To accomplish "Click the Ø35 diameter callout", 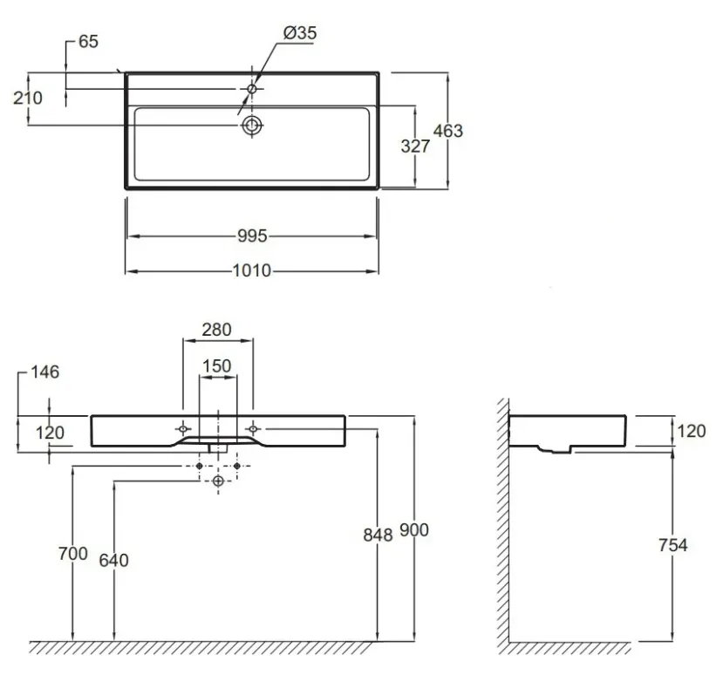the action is tap(300, 33).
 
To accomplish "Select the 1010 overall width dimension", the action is tap(252, 270).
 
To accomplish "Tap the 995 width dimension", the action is tap(252, 236).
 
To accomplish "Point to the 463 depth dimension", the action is tap(447, 131).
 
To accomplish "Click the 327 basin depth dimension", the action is tap(415, 147).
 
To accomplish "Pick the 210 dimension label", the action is tap(28, 98).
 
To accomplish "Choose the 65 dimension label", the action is tap(88, 42).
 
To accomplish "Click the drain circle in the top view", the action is tap(252, 125).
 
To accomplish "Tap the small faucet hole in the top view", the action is tap(252, 89).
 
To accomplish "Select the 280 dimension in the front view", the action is tap(216, 330).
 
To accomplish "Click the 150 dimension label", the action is tap(216, 366).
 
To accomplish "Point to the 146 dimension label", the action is tap(45, 372).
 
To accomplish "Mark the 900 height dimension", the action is tap(414, 530).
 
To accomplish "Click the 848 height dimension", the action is tap(379, 535).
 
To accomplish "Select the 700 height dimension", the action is tap(73, 554).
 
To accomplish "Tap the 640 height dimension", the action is tap(113, 560).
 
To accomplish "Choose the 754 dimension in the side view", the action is tap(672, 545).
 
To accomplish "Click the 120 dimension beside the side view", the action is tap(692, 431).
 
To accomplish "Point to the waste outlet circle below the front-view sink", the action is tap(218, 481).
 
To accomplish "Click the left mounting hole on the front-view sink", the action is tap(183, 429).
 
